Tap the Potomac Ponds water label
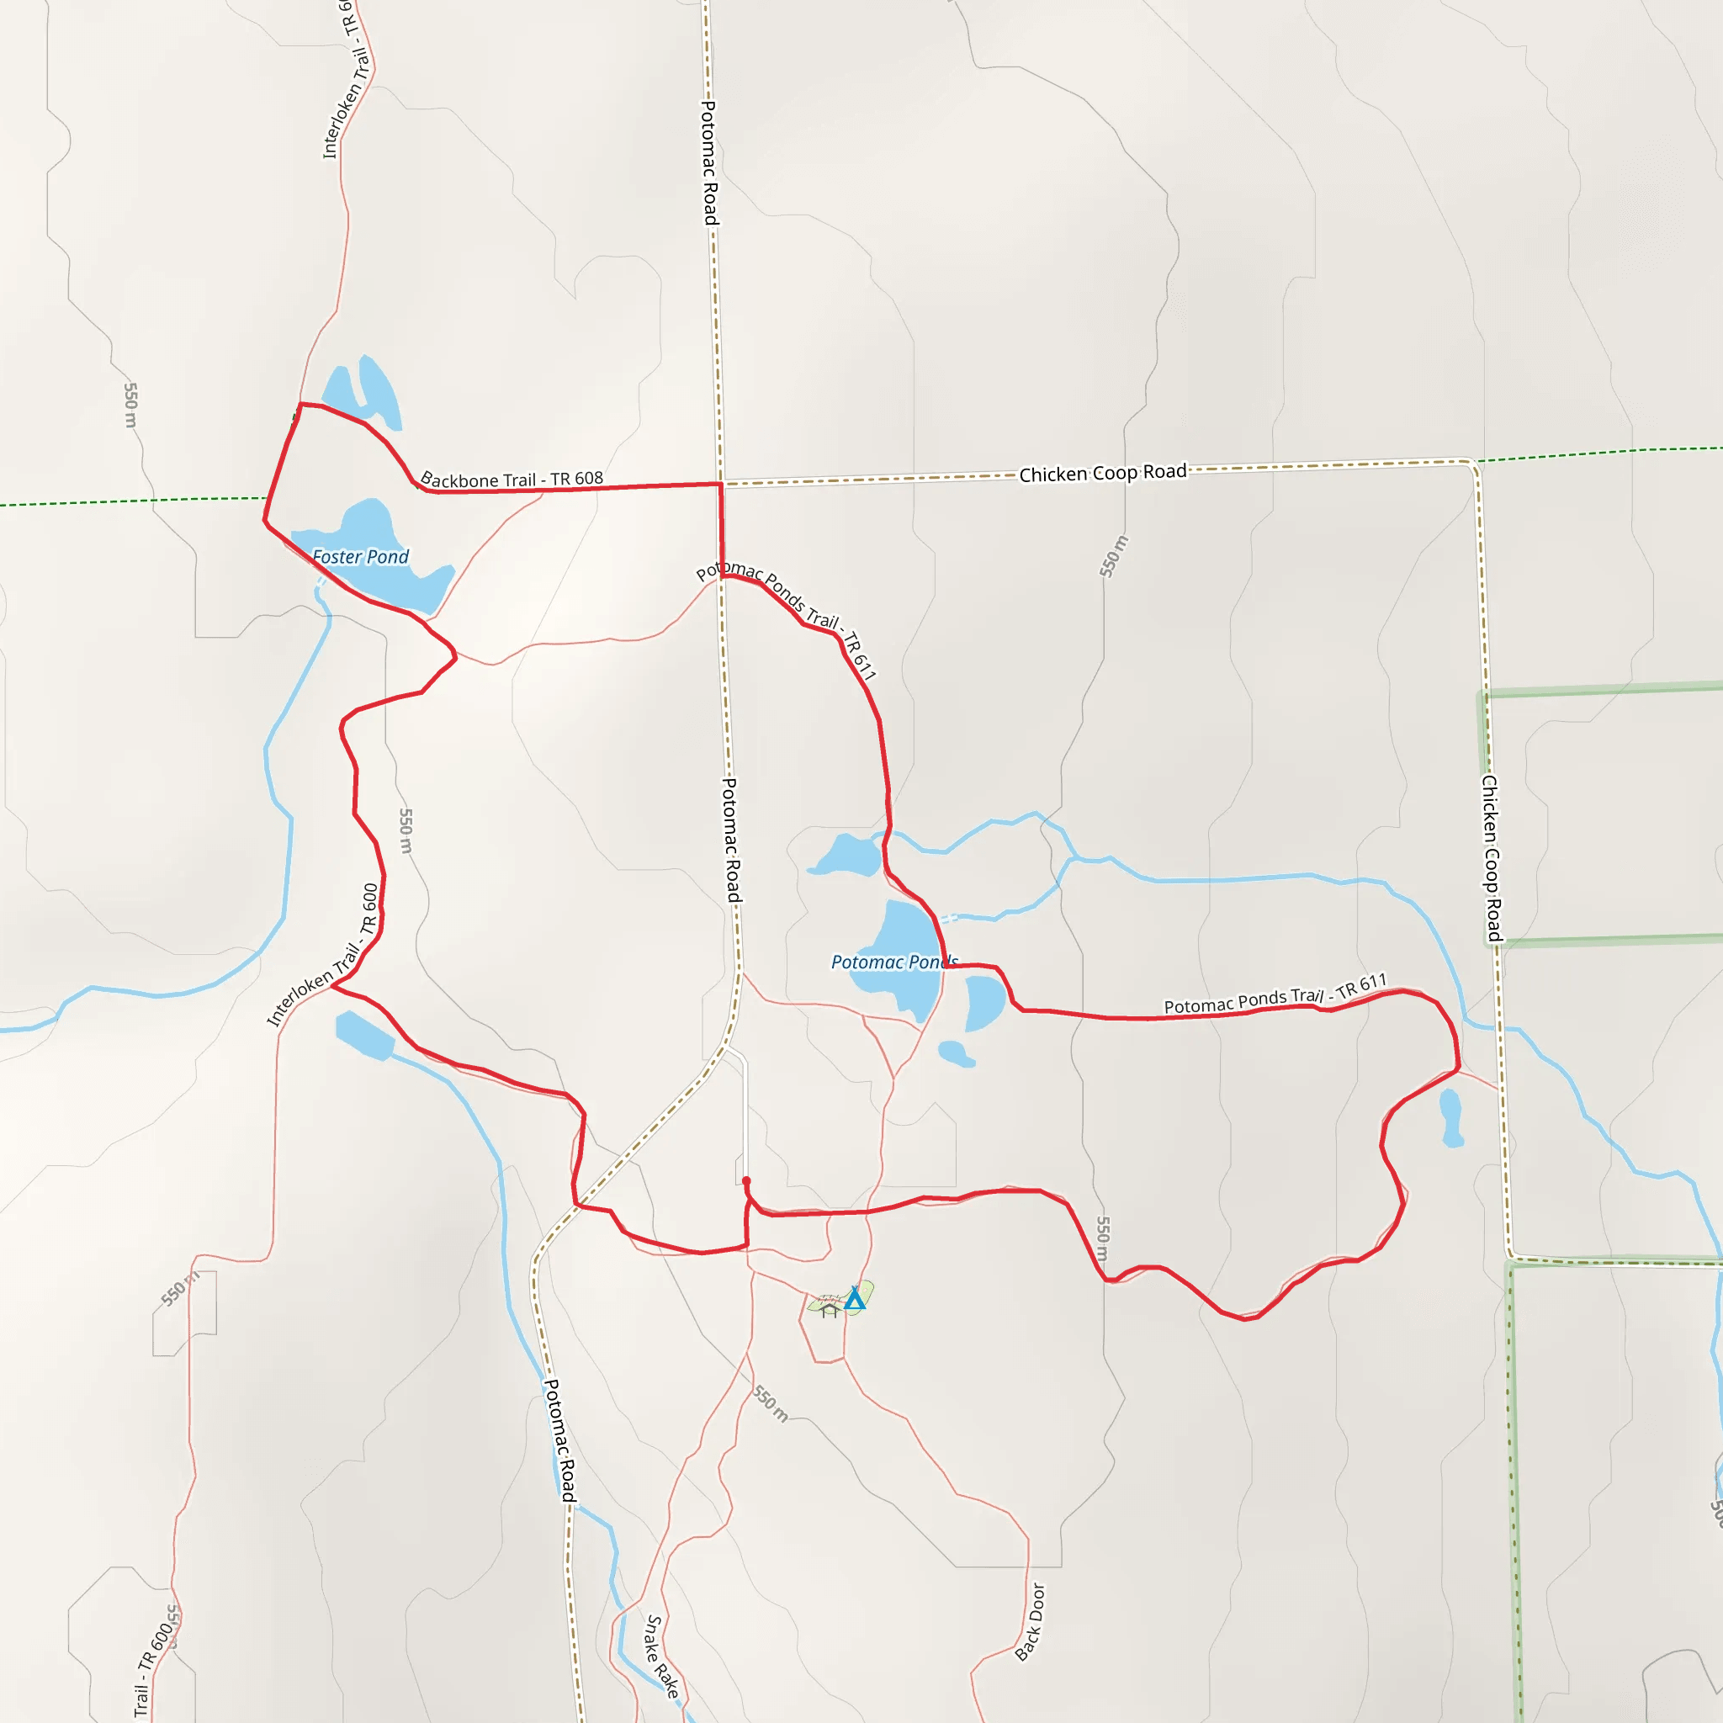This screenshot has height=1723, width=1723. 893,962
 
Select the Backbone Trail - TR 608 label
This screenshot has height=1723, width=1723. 512,480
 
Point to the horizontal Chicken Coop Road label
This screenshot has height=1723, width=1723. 1102,473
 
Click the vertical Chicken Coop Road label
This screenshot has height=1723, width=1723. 1491,858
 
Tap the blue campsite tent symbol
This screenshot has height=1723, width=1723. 855,1298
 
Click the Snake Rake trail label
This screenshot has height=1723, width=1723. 663,1656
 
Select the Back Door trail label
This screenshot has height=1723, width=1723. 1029,1621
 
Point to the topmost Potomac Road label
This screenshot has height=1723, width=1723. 709,162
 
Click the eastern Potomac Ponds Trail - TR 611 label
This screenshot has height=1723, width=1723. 1275,994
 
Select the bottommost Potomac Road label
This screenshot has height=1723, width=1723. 560,1439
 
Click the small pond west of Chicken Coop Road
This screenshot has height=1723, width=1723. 1451,1117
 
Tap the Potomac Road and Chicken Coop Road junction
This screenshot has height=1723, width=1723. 721,485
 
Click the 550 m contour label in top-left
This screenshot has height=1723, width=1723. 131,405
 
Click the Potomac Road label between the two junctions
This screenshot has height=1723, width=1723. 730,838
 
